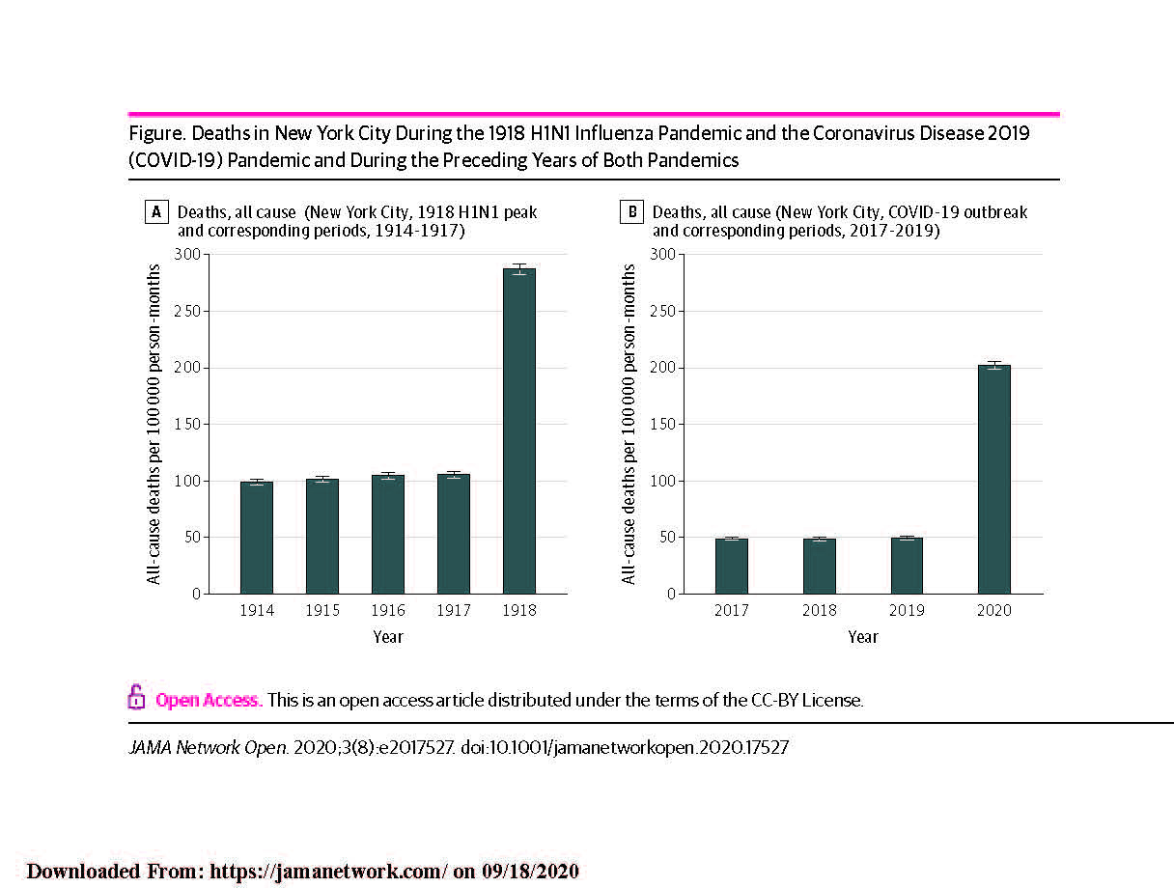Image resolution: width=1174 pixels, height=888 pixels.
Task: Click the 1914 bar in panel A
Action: point(257,538)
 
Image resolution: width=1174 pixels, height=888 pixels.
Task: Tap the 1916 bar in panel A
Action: point(388,535)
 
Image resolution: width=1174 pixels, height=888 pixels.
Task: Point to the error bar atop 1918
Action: point(519,269)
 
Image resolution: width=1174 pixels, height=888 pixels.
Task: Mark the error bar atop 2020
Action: point(993,365)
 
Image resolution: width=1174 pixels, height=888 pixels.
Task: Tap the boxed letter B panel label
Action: point(631,212)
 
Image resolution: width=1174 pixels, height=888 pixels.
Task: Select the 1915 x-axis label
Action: point(322,610)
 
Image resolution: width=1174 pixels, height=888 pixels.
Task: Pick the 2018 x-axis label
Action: point(819,610)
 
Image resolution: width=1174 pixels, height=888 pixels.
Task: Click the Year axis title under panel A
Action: point(388,637)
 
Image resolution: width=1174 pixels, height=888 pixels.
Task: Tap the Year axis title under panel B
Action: point(862,637)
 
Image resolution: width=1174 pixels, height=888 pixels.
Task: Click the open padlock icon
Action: point(137,697)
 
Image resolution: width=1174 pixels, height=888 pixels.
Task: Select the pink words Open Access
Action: point(209,700)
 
